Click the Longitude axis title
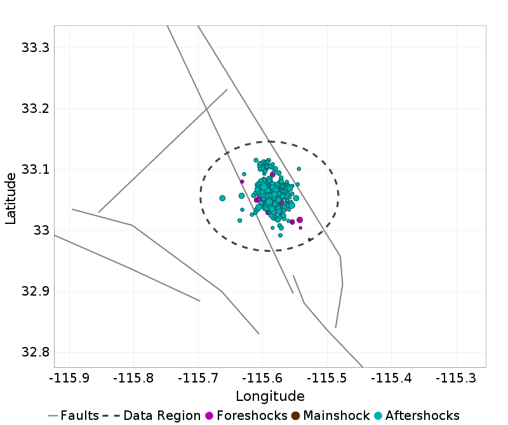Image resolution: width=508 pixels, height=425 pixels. click(x=270, y=396)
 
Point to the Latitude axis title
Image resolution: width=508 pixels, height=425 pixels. click(x=11, y=197)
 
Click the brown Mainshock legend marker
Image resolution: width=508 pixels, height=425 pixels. click(x=296, y=415)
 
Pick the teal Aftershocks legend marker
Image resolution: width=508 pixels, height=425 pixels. click(x=378, y=415)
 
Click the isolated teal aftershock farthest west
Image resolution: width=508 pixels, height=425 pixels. click(x=222, y=198)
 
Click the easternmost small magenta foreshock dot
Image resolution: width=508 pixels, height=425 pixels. click(x=309, y=239)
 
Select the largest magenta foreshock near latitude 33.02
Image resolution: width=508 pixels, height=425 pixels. click(x=300, y=220)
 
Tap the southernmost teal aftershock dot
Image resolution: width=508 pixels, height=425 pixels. click(x=280, y=235)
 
